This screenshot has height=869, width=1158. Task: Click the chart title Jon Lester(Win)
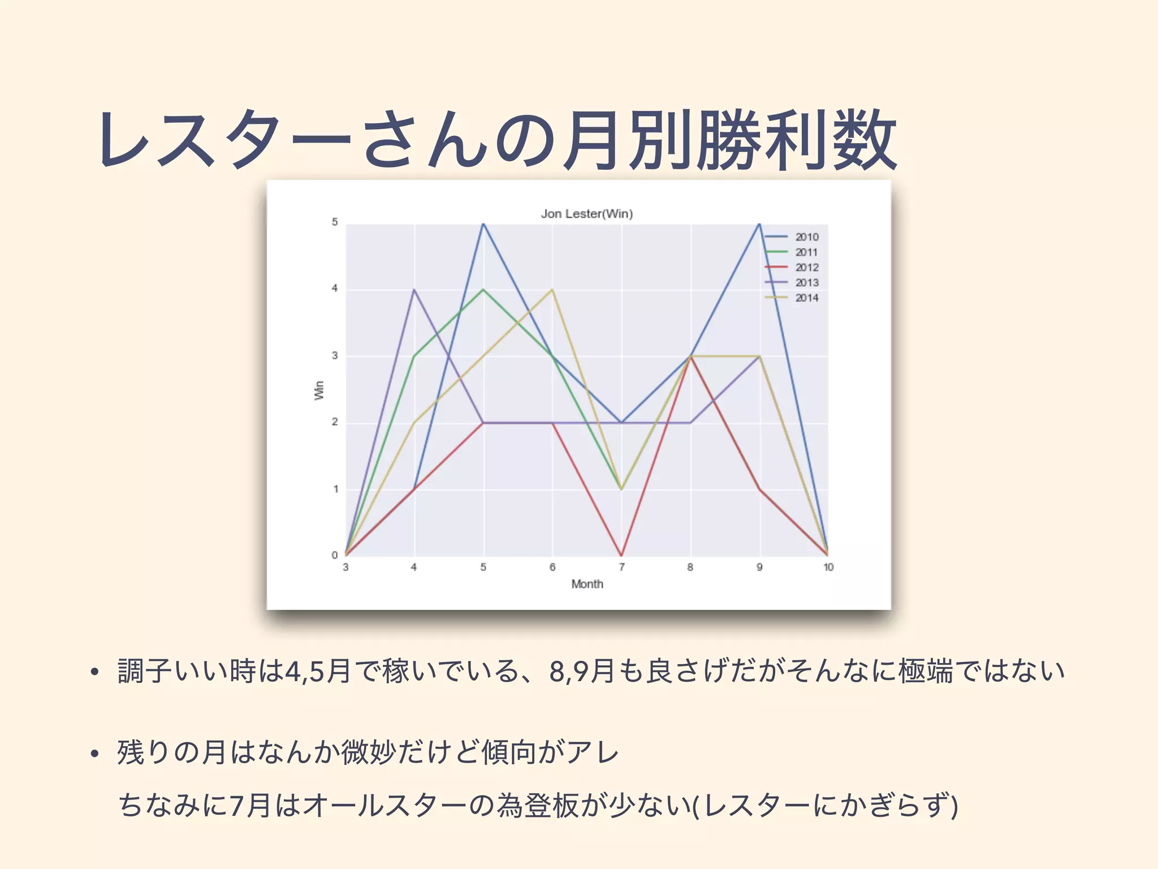click(586, 214)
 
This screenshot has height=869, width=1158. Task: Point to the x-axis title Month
click(587, 584)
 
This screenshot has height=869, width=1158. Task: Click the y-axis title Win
click(319, 390)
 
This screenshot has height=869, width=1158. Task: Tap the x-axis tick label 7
click(621, 567)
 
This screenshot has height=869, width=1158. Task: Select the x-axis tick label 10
click(828, 567)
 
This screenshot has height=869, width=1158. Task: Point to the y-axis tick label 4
click(335, 289)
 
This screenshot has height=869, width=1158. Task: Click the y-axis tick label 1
click(335, 489)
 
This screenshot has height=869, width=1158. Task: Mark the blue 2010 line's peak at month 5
click(483, 224)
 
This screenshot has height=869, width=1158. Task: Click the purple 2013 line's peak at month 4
click(414, 290)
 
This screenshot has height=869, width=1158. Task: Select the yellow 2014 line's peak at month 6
click(552, 290)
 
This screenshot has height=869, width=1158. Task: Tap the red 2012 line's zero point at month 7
click(621, 555)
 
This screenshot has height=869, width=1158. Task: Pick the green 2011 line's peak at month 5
click(483, 290)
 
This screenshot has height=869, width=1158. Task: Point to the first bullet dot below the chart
click(94, 672)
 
